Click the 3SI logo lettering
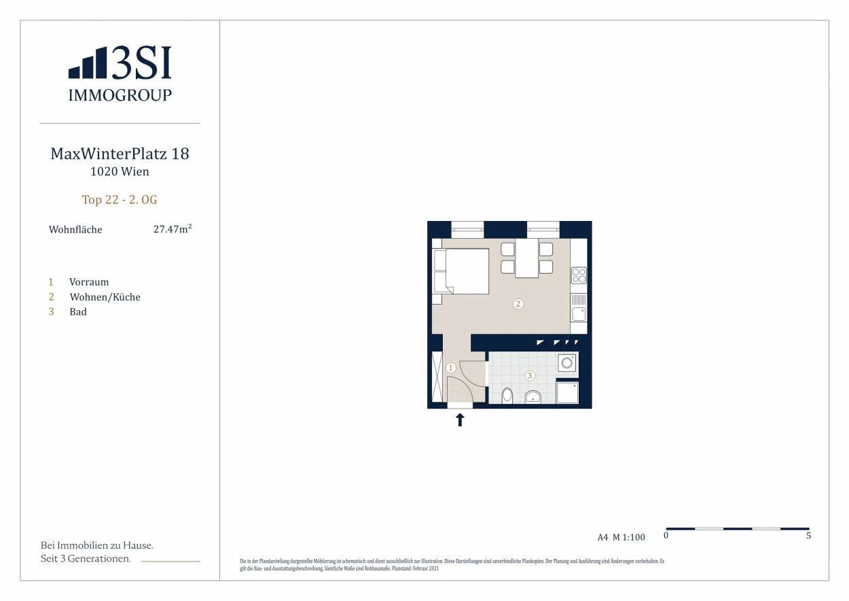click(x=141, y=63)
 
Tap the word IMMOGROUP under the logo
click(x=120, y=95)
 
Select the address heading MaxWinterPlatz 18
click(x=120, y=154)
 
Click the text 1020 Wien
click(x=120, y=171)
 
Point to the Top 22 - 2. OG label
click(x=120, y=200)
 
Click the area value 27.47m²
click(x=173, y=229)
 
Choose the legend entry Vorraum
click(x=89, y=282)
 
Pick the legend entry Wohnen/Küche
click(x=105, y=296)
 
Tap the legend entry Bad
click(x=77, y=312)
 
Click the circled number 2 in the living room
click(x=518, y=303)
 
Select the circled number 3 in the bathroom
click(x=530, y=375)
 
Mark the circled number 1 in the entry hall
click(x=451, y=368)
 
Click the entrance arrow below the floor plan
click(x=460, y=420)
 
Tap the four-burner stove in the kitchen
click(x=579, y=275)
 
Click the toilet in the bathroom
click(x=507, y=395)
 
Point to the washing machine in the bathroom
click(x=567, y=363)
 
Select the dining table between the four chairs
click(x=527, y=258)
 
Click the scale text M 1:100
click(x=629, y=537)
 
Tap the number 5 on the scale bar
click(x=808, y=536)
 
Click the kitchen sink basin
click(x=579, y=314)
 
